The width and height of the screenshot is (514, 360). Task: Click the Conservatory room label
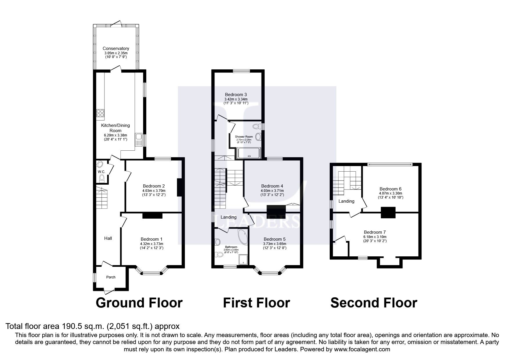tap(116, 48)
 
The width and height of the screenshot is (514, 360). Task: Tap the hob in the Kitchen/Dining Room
tap(100, 114)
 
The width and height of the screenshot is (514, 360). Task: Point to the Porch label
tap(111, 277)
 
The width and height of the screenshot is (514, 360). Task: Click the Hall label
tap(108, 238)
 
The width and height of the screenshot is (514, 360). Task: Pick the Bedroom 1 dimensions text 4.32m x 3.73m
tap(152, 244)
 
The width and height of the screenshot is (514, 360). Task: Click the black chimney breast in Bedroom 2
tap(179, 188)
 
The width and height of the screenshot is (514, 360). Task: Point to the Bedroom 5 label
tap(275, 239)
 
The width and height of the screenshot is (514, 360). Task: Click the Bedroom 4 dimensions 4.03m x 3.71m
tap(272, 191)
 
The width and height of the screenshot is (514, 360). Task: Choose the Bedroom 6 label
tap(390, 189)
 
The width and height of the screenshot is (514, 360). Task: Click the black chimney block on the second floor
tap(388, 212)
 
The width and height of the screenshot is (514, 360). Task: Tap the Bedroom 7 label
tap(375, 232)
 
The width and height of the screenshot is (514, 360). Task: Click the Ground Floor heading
tap(139, 303)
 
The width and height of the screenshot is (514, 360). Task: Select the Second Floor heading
tap(374, 303)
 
